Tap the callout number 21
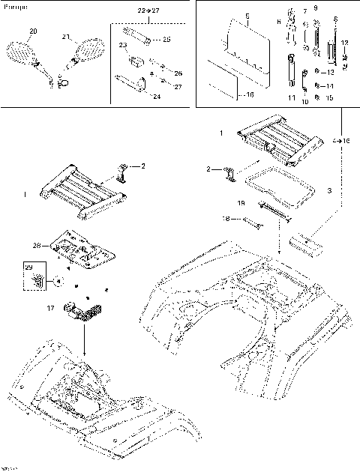tap(65, 37)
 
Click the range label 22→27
tap(148, 12)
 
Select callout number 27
tap(178, 87)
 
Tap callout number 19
tap(241, 202)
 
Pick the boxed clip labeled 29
tap(34, 279)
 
